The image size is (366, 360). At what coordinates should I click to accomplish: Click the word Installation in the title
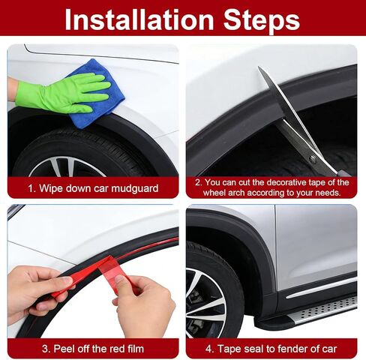click(139, 20)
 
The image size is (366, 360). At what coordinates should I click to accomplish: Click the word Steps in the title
click(262, 20)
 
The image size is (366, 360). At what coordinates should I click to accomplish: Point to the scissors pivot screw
click(312, 157)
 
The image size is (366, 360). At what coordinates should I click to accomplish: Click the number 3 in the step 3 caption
click(45, 349)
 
